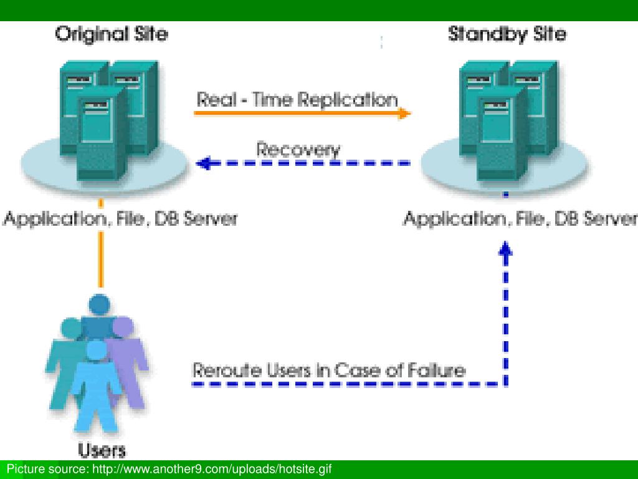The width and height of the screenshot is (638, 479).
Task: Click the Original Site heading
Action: [x=112, y=34]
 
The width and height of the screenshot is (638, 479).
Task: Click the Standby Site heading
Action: [x=507, y=34]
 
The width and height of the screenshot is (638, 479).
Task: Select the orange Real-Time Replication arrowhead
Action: [x=404, y=114]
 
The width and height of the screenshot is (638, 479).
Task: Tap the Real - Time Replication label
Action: [x=297, y=99]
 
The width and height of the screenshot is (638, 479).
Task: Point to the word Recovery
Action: [x=298, y=150]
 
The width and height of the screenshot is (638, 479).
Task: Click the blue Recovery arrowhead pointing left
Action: [x=204, y=163]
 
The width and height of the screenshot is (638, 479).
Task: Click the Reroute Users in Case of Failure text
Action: [x=329, y=370]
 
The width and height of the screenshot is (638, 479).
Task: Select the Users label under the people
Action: [x=102, y=450]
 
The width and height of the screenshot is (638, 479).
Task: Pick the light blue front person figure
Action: [x=97, y=387]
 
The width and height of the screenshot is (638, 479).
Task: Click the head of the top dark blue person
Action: [x=99, y=305]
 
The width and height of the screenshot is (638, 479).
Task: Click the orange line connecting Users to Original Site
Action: [x=101, y=243]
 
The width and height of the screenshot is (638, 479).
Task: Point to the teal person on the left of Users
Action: [x=65, y=362]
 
